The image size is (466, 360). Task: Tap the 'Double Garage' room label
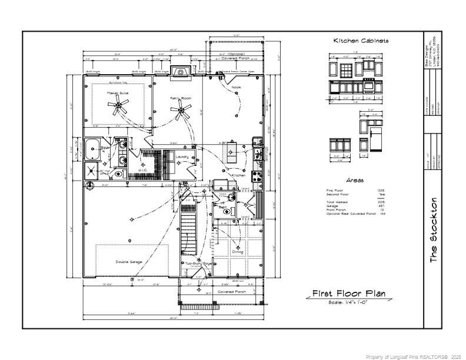pyautogui.click(x=128, y=261)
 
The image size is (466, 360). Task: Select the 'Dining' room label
pyautogui.click(x=238, y=252)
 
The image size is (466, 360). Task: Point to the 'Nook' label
pyautogui.click(x=236, y=87)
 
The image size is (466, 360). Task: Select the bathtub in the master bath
pyautogui.click(x=92, y=149)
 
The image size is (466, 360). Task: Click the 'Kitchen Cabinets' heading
pyautogui.click(x=361, y=41)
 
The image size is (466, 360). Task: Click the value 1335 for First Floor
pyautogui.click(x=380, y=191)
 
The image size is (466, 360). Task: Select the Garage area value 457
pyautogui.click(x=381, y=205)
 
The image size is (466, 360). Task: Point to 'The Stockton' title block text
pyautogui.click(x=434, y=230)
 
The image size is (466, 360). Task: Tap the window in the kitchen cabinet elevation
pyautogui.click(x=347, y=69)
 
